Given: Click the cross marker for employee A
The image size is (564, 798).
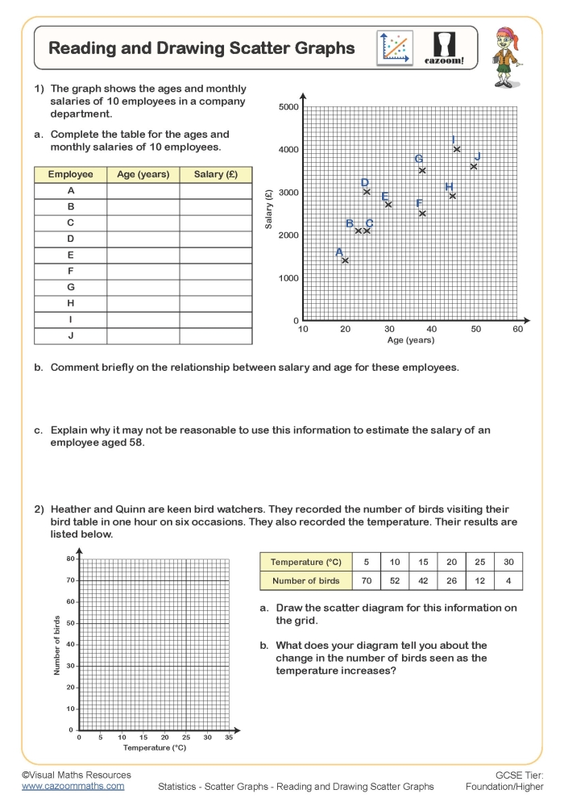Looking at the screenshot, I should (x=346, y=260).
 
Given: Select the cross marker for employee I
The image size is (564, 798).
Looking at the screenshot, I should (x=457, y=149).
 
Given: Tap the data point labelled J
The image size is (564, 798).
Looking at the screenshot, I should (x=474, y=167).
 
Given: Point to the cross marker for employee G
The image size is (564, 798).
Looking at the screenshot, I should (x=422, y=170).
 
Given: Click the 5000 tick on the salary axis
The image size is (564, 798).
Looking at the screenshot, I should (x=288, y=107).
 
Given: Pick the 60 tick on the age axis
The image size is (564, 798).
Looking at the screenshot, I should (x=518, y=329).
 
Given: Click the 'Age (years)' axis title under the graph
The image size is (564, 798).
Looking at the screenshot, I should (x=411, y=340).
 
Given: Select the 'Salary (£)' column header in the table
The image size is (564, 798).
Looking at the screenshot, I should (x=216, y=174).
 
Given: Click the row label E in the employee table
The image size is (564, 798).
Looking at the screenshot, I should (x=71, y=255).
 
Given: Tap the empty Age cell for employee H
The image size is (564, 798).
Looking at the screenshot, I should (x=143, y=303).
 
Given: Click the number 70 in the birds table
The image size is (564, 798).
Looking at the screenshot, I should (x=367, y=580).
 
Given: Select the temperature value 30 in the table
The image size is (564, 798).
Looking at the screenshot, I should (x=508, y=562).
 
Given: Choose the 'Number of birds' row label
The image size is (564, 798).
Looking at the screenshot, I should (x=306, y=580).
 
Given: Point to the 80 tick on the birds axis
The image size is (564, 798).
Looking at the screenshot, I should (x=70, y=559).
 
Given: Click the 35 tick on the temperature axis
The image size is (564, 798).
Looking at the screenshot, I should (x=229, y=737).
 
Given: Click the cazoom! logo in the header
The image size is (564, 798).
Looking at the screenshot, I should (x=444, y=48).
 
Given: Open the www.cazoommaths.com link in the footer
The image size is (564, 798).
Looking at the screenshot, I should (x=73, y=785).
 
